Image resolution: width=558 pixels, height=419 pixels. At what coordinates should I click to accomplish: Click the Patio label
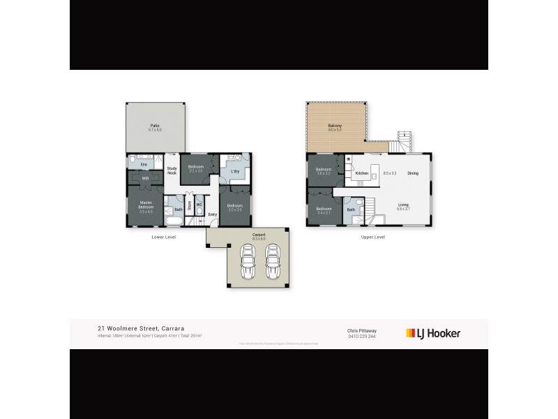[155, 126]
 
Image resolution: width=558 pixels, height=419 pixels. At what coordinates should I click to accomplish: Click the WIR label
[145, 179]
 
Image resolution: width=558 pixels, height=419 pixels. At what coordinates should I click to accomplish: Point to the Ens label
[144, 165]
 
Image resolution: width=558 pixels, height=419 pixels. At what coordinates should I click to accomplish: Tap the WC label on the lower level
[199, 205]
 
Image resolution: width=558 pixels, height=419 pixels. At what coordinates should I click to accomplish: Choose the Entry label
[212, 214]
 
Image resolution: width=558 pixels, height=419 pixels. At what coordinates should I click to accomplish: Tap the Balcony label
[335, 126]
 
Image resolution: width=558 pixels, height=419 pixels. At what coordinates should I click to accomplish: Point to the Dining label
[413, 173]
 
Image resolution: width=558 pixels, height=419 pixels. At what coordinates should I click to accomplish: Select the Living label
[403, 205]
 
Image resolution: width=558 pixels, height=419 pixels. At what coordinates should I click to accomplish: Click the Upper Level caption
[374, 237]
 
